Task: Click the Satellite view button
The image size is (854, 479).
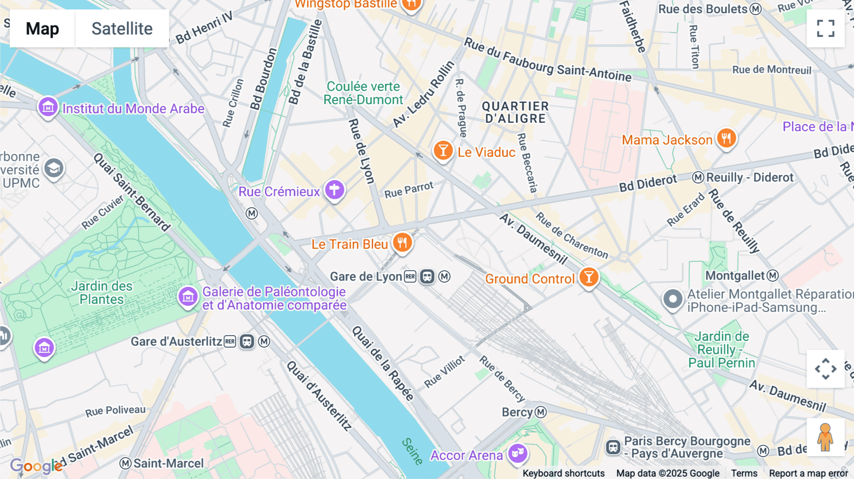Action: [122, 28]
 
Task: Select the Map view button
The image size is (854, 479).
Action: [42, 28]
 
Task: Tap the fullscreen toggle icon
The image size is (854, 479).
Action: [826, 28]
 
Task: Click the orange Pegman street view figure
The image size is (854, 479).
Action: [825, 437]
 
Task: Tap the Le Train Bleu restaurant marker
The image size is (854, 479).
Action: [402, 243]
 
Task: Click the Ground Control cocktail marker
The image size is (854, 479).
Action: [589, 277]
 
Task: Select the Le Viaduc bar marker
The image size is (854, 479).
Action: [443, 151]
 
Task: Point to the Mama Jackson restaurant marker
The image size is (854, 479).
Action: [726, 138]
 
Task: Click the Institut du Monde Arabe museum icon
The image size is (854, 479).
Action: [48, 108]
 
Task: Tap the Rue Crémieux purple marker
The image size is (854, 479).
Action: [334, 190]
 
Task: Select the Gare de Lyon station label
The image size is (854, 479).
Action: [366, 276]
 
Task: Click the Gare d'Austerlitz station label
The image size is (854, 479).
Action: [176, 341]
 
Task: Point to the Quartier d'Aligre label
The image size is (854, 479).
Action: [515, 112]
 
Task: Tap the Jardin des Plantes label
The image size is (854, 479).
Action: [102, 293]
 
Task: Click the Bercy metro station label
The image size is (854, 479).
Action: [517, 412]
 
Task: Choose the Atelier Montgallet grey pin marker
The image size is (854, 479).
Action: [673, 299]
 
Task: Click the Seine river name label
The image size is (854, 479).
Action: [412, 451]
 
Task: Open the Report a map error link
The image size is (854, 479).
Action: [808, 473]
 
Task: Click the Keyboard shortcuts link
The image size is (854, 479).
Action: [563, 473]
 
